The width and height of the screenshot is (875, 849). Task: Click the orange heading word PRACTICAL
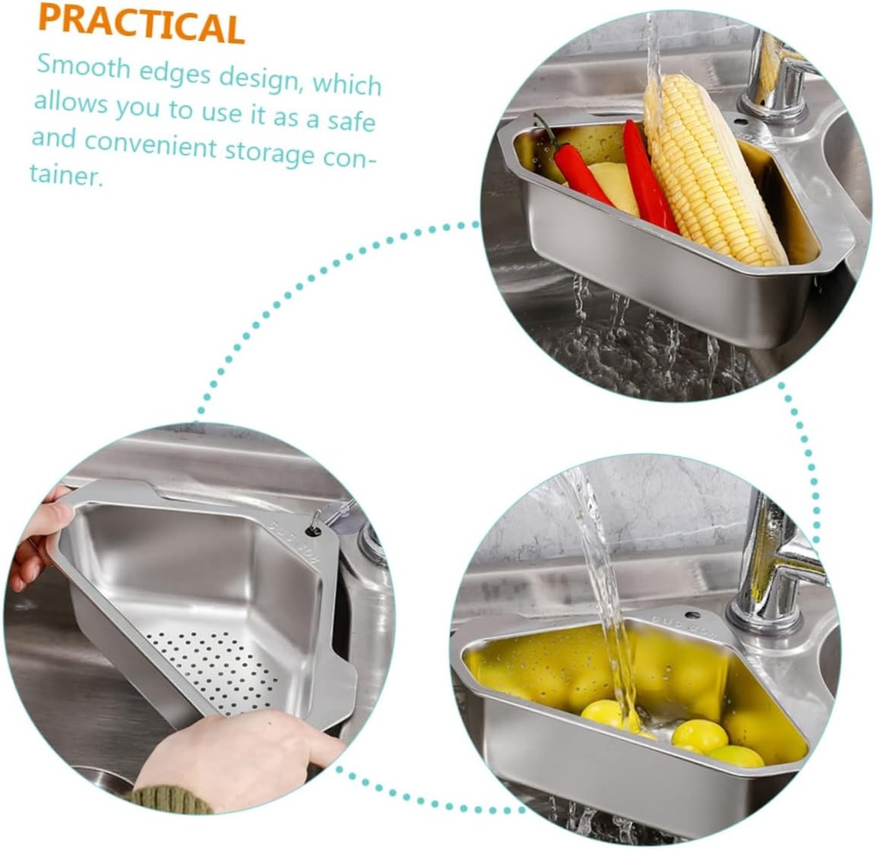pyautogui.click(x=142, y=24)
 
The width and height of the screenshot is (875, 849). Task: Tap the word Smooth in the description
pyautogui.click(x=85, y=67)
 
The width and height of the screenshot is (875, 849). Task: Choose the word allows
pyautogui.click(x=71, y=102)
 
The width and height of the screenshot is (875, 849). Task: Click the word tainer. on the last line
pyautogui.click(x=67, y=175)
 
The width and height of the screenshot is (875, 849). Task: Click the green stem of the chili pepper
pyautogui.click(x=545, y=129)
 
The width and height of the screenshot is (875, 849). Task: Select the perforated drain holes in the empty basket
pyautogui.click(x=214, y=669)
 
